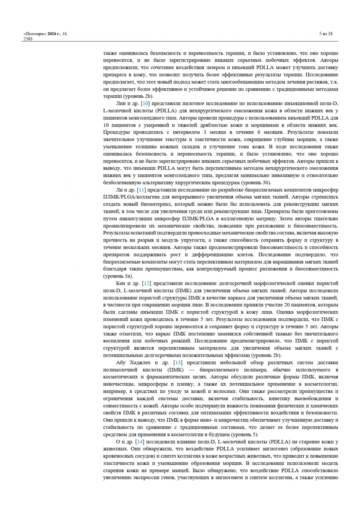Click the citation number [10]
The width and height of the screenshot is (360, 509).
[145, 103]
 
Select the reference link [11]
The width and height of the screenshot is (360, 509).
[141, 190]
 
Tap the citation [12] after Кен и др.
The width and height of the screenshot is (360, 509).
[146, 283]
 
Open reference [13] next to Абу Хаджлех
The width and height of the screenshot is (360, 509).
[178, 363]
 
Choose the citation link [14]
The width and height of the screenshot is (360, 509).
[140, 442]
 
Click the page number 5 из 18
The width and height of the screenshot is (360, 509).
[326, 34]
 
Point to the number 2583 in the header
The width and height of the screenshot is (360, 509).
[28, 39]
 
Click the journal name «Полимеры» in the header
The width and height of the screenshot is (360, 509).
[34, 34]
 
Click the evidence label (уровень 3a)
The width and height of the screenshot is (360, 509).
[118, 276]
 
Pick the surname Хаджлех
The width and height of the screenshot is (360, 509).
[140, 363]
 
